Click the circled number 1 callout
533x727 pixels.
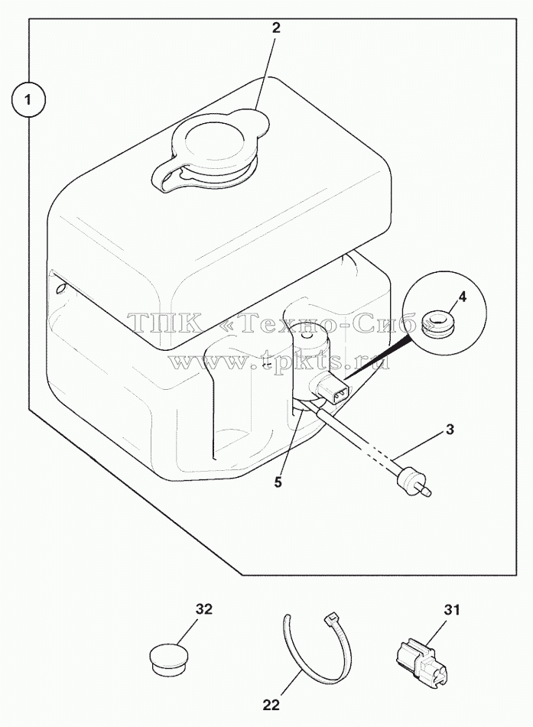28,99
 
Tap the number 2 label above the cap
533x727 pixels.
276,28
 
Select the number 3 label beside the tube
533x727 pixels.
450,430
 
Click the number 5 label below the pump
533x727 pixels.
278,482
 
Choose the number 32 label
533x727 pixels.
203,609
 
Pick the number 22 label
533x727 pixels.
271,705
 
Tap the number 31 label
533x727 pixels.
451,609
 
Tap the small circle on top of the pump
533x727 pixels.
305,341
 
